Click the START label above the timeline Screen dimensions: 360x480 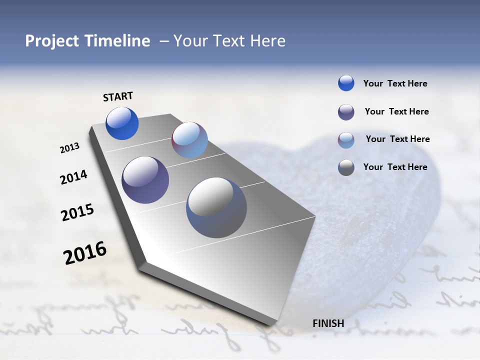pyautogui.click(x=118, y=96)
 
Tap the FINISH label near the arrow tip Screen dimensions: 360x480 pyautogui.click(x=328, y=323)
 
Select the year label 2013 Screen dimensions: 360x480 pyautogui.click(x=69, y=148)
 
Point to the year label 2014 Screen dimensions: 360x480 pyautogui.click(x=73, y=177)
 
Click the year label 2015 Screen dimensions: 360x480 pyautogui.click(x=77, y=212)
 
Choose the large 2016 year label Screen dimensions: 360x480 pyautogui.click(x=85, y=253)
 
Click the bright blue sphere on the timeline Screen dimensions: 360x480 pyautogui.click(x=122, y=123)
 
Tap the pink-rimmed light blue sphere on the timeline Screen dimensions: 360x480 pyautogui.click(x=189, y=140)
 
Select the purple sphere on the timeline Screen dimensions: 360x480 pyautogui.click(x=145, y=180)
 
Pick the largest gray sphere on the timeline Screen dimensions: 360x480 pyautogui.click(x=216, y=207)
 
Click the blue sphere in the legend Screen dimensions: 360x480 pyautogui.click(x=346, y=83)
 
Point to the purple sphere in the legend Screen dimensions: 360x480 pyautogui.click(x=346, y=112)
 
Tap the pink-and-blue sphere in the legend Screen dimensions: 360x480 pyautogui.click(x=346, y=140)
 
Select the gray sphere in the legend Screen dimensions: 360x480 pyautogui.click(x=346, y=167)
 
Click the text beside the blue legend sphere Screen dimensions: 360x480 pyautogui.click(x=395, y=84)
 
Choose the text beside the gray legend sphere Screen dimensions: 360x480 pyautogui.click(x=395, y=167)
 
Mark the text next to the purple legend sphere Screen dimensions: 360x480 pyautogui.click(x=396, y=111)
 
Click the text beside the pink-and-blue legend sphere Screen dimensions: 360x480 pyautogui.click(x=397, y=139)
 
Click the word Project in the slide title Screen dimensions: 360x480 pyautogui.click(x=51, y=41)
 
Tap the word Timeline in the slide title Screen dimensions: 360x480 pyautogui.click(x=117, y=41)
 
